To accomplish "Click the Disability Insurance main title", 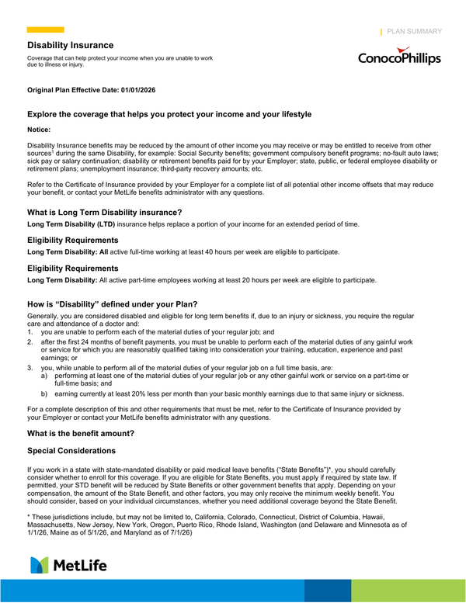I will click(71, 45).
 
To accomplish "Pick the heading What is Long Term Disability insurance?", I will click(104, 212).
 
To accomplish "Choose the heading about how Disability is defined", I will click(113, 303).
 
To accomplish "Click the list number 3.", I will click(30, 366).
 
